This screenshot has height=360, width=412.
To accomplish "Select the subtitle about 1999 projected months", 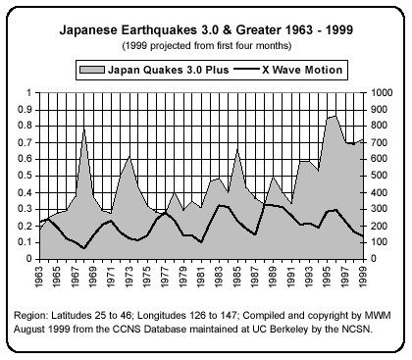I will [205, 46].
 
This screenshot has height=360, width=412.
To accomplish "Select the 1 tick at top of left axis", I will [29, 93].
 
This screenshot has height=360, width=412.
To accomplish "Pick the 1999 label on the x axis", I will [363, 279].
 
